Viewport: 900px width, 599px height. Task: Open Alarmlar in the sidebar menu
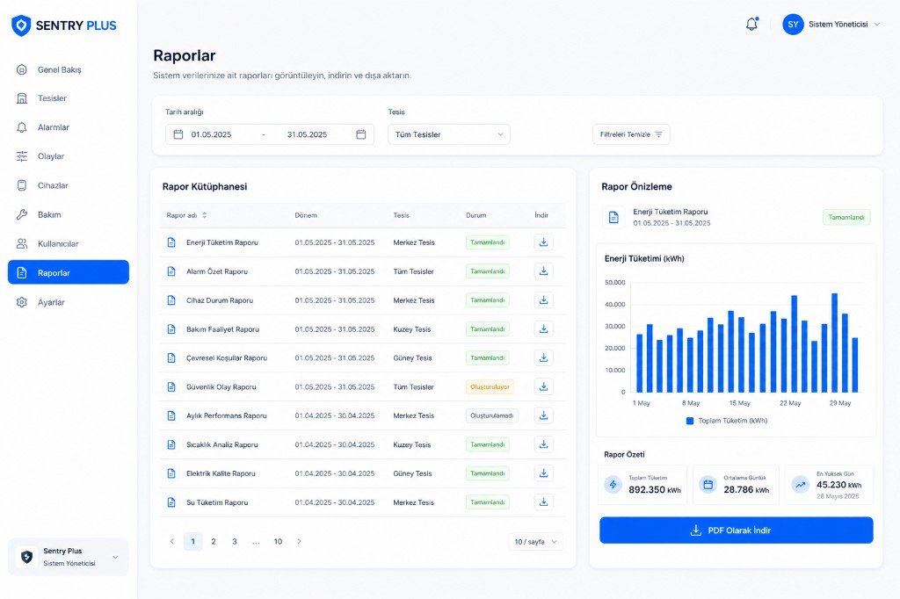54,127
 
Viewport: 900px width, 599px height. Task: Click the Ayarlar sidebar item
51,302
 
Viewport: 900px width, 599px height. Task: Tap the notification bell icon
752,24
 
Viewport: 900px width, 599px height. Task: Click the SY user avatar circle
793,24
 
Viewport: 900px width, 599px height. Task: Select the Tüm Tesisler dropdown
449,134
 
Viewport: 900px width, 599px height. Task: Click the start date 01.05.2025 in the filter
211,134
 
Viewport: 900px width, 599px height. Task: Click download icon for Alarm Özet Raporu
543,271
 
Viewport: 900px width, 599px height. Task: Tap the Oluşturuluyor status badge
490,386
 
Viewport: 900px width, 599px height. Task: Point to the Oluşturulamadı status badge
491,415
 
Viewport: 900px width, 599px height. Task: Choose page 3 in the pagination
234,541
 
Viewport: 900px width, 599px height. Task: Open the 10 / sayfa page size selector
535,542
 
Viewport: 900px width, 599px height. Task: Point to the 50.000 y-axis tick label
614,282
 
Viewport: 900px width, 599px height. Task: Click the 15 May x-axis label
740,403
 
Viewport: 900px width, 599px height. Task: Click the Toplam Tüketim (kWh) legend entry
727,421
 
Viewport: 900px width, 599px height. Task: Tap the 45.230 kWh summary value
838,485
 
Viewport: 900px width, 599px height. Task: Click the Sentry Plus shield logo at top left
21,25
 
